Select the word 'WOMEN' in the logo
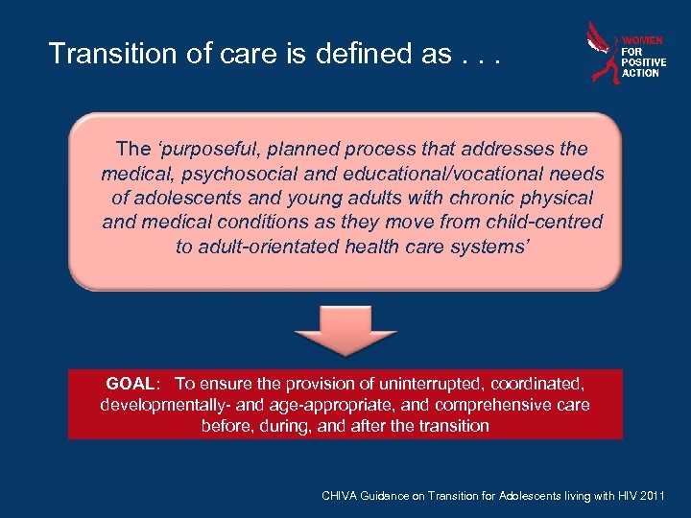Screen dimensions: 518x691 (643, 41)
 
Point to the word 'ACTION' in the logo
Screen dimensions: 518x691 (641, 73)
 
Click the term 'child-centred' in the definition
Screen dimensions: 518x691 (548, 222)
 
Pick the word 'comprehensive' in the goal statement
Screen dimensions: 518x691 (493, 405)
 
